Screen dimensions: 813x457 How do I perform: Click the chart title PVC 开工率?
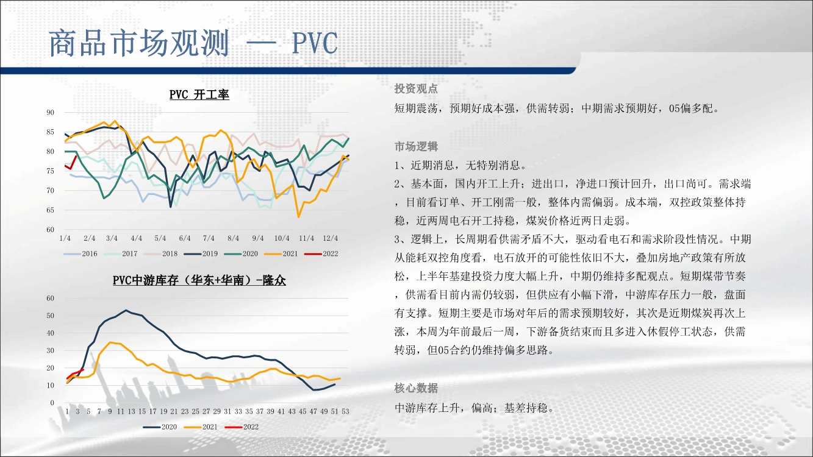(199, 94)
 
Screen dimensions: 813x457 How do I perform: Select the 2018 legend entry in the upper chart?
(161, 254)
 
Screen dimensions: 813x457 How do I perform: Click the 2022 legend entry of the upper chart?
(321, 254)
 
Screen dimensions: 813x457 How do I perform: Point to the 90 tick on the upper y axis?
(50, 113)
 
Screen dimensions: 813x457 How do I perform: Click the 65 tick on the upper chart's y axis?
(50, 210)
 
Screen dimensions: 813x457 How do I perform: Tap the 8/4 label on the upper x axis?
(234, 238)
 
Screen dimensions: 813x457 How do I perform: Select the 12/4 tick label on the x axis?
(331, 238)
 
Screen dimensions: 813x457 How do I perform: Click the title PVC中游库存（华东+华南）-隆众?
(199, 280)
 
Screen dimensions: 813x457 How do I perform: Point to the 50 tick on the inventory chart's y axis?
(50, 316)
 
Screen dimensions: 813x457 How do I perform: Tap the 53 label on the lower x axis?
(345, 411)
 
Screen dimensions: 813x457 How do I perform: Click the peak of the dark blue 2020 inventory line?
(126, 310)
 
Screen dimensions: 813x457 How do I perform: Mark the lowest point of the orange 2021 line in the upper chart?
(299, 217)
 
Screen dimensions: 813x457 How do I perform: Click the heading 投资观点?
(416, 88)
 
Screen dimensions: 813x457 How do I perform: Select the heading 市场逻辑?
(416, 146)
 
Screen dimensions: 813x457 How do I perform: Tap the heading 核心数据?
(416, 388)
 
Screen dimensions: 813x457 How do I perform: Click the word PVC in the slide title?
(315, 43)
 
